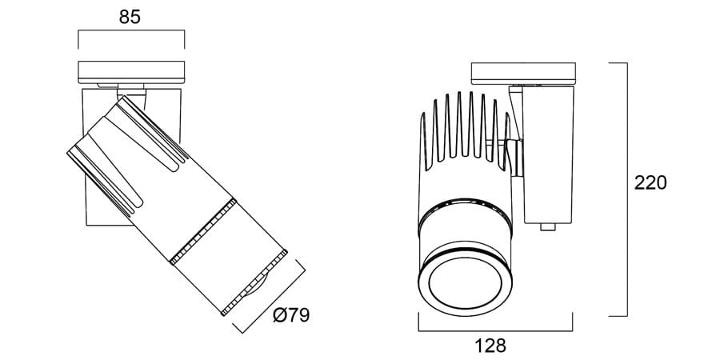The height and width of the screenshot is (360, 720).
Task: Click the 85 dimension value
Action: click(x=130, y=17)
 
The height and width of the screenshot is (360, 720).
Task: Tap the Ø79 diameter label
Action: click(x=291, y=315)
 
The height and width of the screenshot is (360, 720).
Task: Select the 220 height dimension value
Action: click(x=650, y=182)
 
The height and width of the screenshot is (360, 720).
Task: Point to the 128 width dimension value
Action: click(x=490, y=346)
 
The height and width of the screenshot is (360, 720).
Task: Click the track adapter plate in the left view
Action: click(x=131, y=72)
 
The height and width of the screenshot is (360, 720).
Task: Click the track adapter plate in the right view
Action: click(x=523, y=74)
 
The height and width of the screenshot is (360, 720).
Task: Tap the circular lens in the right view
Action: click(x=465, y=283)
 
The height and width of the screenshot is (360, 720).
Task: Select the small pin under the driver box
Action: click(x=548, y=227)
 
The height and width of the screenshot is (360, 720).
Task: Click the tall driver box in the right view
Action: click(x=548, y=154)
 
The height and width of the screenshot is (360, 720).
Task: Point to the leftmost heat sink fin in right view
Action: click(x=424, y=142)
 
